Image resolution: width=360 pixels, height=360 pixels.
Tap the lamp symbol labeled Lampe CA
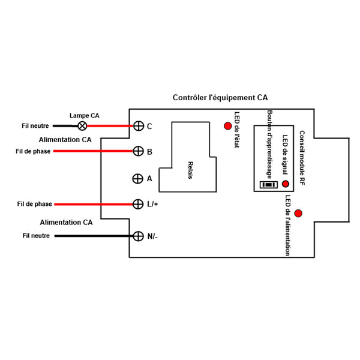83,125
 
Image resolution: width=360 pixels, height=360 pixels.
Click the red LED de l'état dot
228,126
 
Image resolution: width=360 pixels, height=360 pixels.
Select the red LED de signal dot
286,184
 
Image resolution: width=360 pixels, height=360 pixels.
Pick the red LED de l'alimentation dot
298,213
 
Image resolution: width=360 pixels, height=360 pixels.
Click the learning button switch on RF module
269,185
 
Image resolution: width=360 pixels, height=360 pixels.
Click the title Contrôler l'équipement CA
220,97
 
